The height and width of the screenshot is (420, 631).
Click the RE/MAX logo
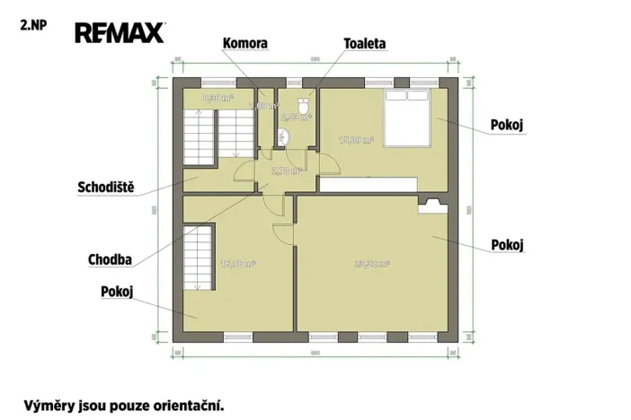pos(120,34)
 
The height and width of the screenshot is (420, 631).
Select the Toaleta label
pos(365,43)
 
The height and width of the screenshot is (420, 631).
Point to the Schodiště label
pos(105,188)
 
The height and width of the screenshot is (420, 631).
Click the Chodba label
pos(111,260)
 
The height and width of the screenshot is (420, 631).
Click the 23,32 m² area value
pos(371,264)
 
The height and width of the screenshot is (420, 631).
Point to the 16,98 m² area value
pos(237,264)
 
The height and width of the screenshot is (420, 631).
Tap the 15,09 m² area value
pos(355,140)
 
